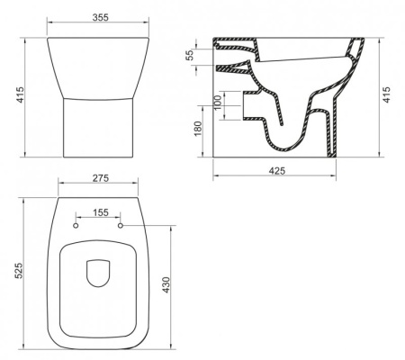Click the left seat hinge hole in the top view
pyautogui.click(x=75, y=226)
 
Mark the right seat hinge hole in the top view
pyautogui.click(x=119, y=226)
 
